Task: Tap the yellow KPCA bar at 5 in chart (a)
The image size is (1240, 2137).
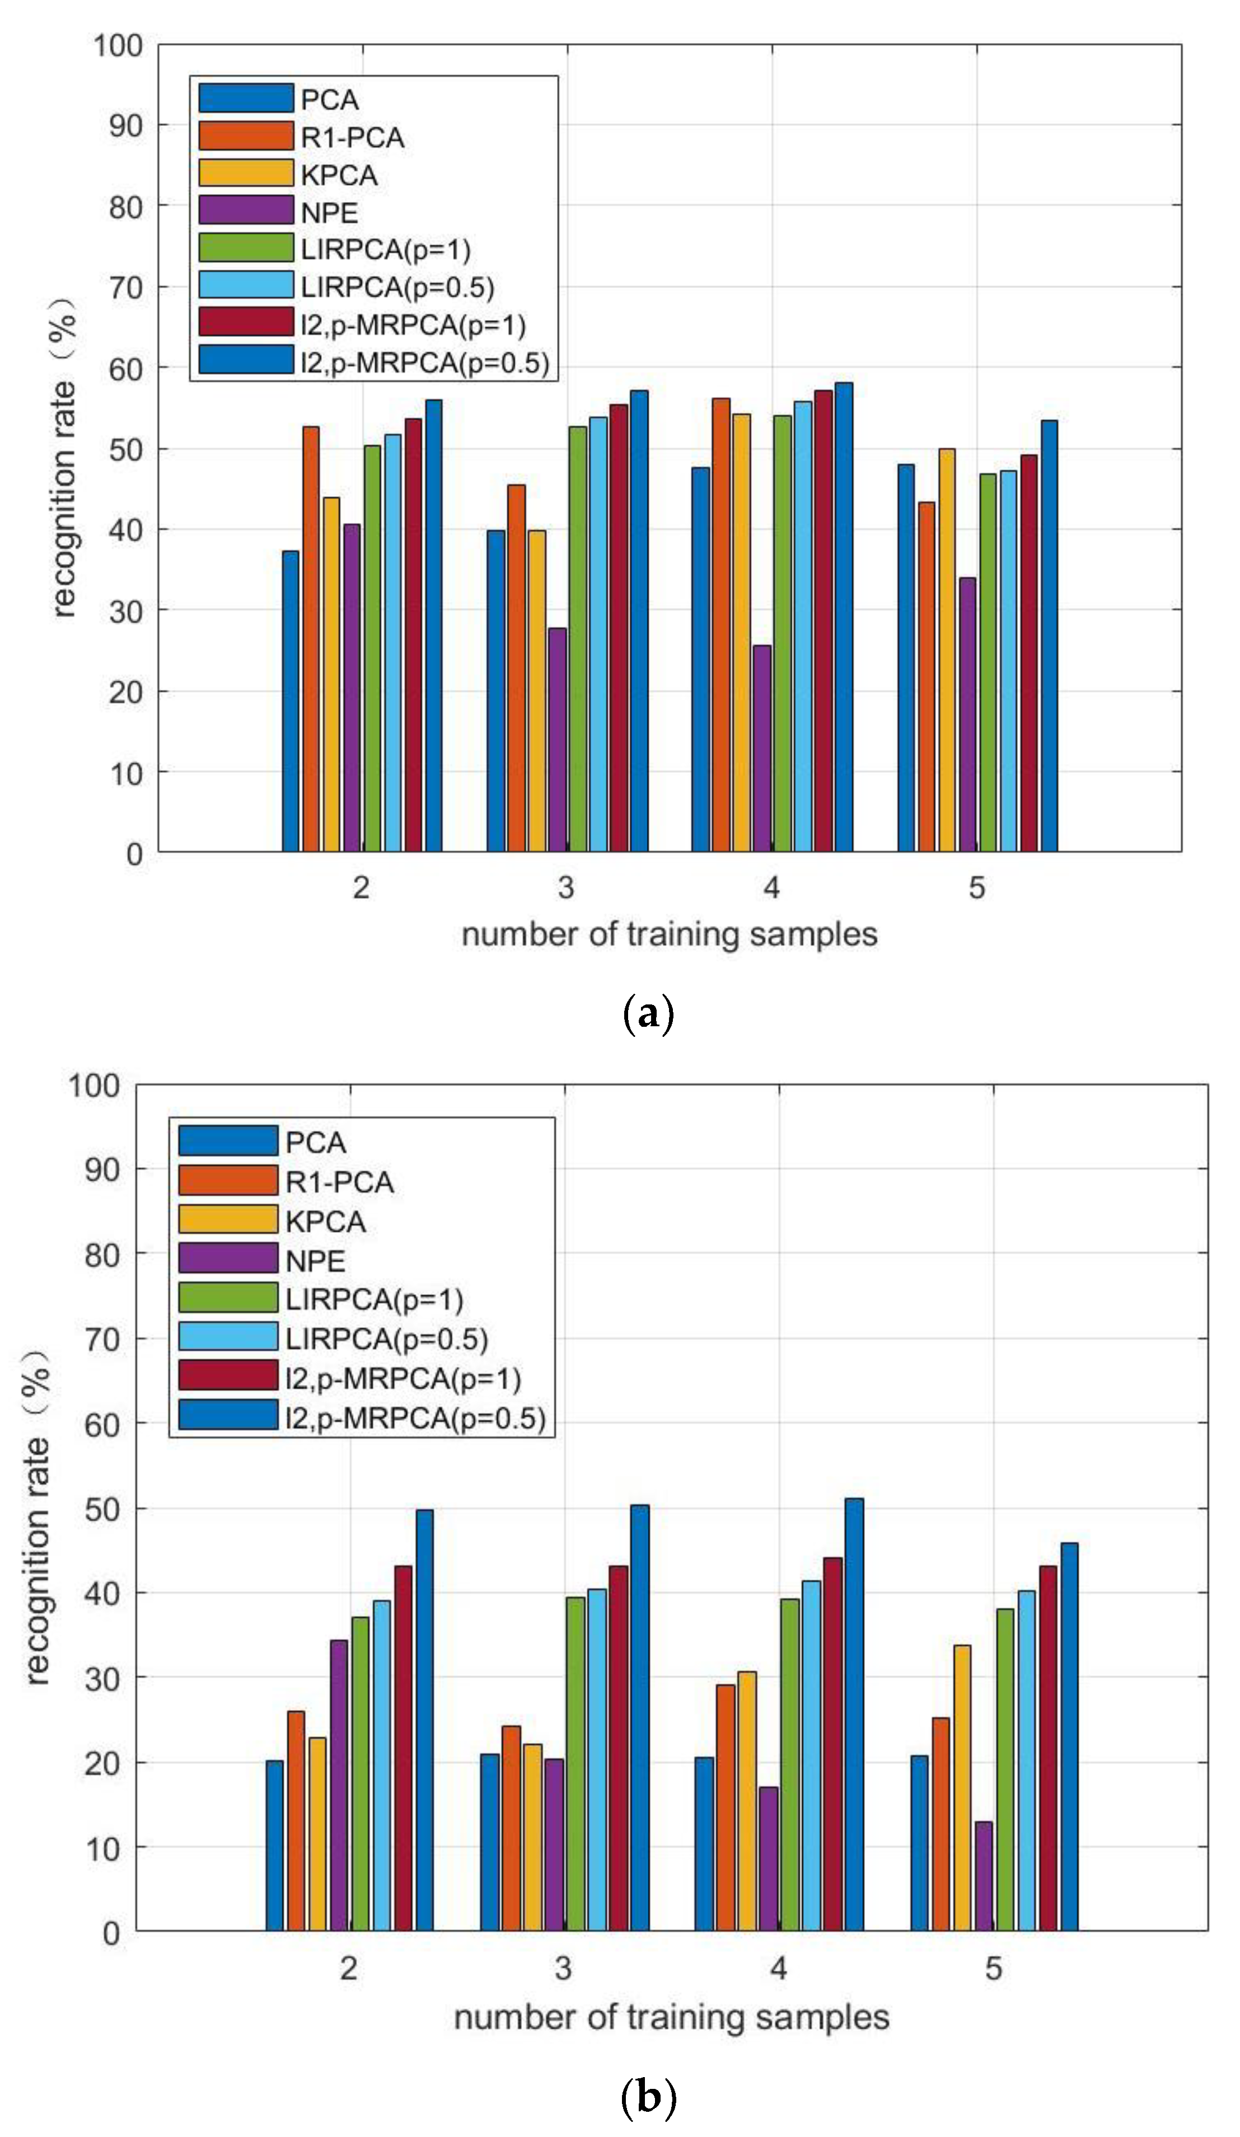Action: point(947,650)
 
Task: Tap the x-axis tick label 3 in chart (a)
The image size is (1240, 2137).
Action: point(566,888)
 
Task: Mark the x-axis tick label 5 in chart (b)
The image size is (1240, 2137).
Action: point(993,1967)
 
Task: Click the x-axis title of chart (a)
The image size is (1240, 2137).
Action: point(668,934)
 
